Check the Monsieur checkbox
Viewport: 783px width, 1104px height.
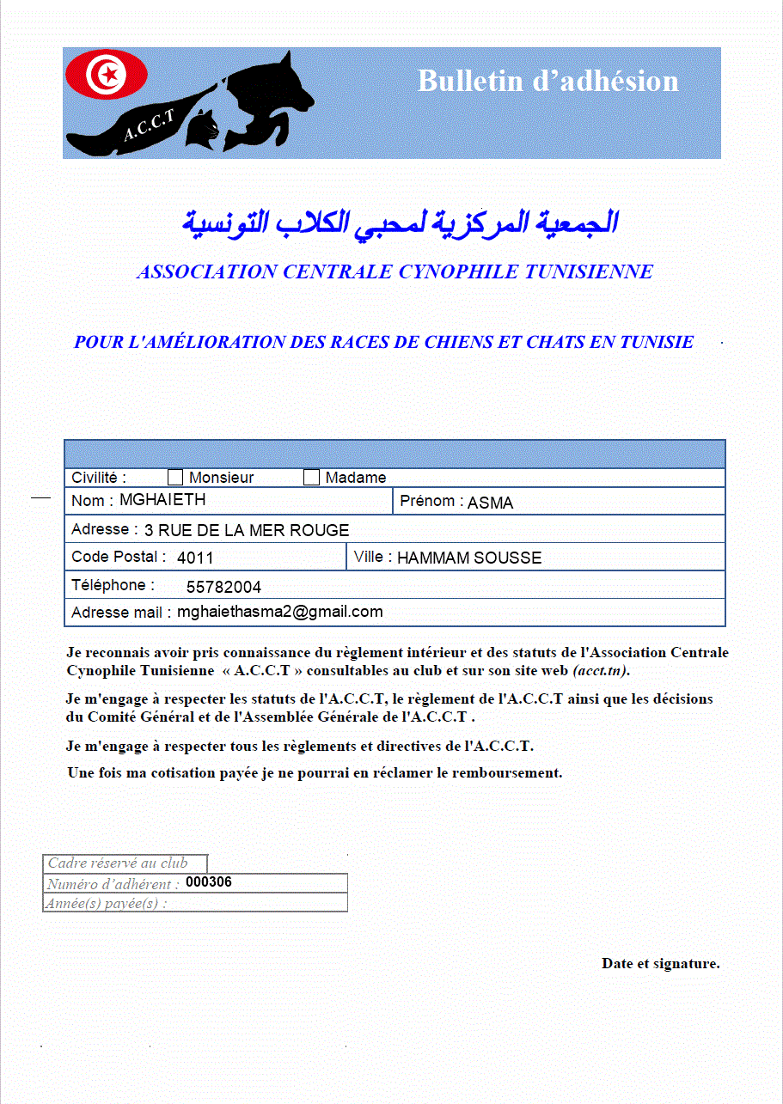[175, 478]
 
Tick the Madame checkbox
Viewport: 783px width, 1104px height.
[311, 478]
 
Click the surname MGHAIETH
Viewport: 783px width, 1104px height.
[162, 499]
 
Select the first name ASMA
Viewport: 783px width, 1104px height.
[490, 503]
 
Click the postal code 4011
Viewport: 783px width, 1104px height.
[195, 558]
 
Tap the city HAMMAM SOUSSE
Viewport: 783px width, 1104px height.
[469, 558]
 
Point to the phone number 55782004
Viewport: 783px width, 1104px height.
[223, 588]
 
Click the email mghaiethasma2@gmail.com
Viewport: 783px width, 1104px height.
[279, 612]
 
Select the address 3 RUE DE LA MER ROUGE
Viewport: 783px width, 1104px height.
[247, 530]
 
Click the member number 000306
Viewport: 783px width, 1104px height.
[209, 882]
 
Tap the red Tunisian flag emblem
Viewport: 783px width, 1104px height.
[107, 75]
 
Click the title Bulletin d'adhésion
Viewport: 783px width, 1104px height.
[547, 81]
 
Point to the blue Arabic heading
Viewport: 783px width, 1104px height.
[400, 223]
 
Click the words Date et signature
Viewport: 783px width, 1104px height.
[660, 963]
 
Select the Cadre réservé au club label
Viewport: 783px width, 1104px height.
[117, 863]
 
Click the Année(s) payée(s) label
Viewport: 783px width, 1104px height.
[107, 903]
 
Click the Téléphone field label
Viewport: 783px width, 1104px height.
[113, 585]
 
